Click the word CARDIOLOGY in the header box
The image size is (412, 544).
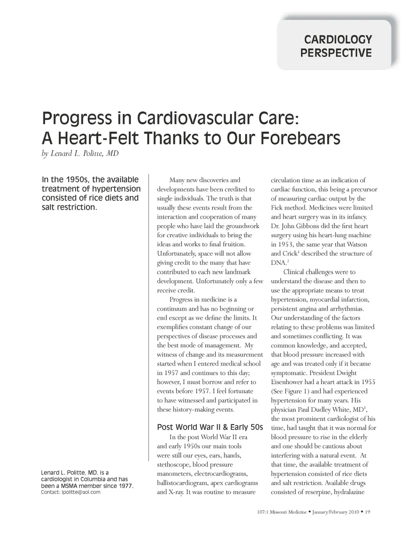[x=338, y=40]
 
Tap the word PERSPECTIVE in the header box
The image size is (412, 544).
[x=336, y=53]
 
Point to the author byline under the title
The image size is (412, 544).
[x=80, y=153]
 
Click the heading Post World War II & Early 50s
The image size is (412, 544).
[x=210, y=427]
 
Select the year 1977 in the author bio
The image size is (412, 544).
[x=125, y=486]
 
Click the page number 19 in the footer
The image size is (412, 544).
[x=367, y=512]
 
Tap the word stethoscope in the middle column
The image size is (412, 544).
[x=173, y=465]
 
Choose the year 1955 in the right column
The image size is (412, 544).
[x=368, y=382]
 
